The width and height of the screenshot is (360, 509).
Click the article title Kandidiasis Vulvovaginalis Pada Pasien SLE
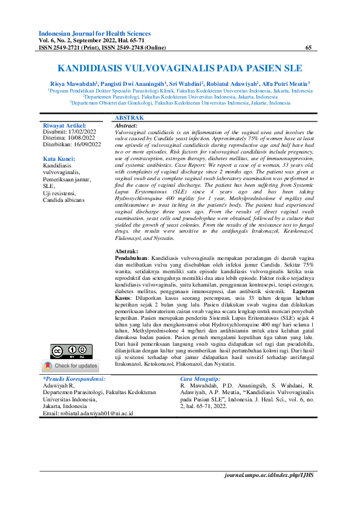(x=180, y=69)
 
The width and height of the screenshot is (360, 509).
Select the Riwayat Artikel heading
(x=65, y=126)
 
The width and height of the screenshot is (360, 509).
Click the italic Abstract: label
(x=126, y=125)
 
